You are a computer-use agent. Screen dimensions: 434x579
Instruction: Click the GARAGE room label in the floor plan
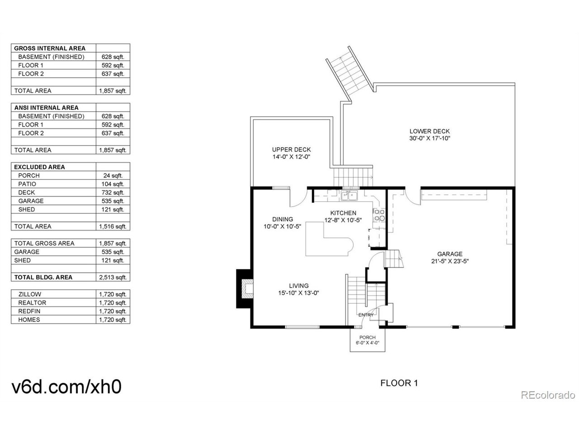(450, 254)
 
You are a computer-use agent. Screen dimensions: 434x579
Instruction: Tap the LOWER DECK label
(429, 132)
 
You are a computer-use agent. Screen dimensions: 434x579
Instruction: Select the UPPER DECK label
(291, 150)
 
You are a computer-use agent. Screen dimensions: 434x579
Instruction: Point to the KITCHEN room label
(343, 213)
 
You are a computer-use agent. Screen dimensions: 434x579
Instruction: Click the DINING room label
(282, 219)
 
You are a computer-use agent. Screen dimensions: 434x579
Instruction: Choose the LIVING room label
(299, 286)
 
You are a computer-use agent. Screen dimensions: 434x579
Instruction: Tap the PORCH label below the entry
(367, 337)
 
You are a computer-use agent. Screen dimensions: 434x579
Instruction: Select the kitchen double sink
(349, 196)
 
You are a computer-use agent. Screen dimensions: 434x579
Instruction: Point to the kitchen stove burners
(379, 216)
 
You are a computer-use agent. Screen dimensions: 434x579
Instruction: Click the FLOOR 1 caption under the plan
(399, 383)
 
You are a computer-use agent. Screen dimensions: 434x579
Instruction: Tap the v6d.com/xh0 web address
(66, 387)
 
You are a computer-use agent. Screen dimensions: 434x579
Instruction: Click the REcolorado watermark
(547, 395)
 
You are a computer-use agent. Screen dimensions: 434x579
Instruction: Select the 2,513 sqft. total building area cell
(113, 278)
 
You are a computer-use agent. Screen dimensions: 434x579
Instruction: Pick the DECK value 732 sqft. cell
(113, 193)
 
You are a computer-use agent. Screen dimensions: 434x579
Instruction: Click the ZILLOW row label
(29, 294)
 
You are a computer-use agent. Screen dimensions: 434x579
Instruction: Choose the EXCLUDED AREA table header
(39, 167)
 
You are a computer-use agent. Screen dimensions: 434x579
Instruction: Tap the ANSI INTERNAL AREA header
(46, 108)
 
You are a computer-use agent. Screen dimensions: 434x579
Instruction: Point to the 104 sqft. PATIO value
(113, 184)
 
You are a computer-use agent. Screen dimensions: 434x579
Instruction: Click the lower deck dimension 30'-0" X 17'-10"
(429, 139)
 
